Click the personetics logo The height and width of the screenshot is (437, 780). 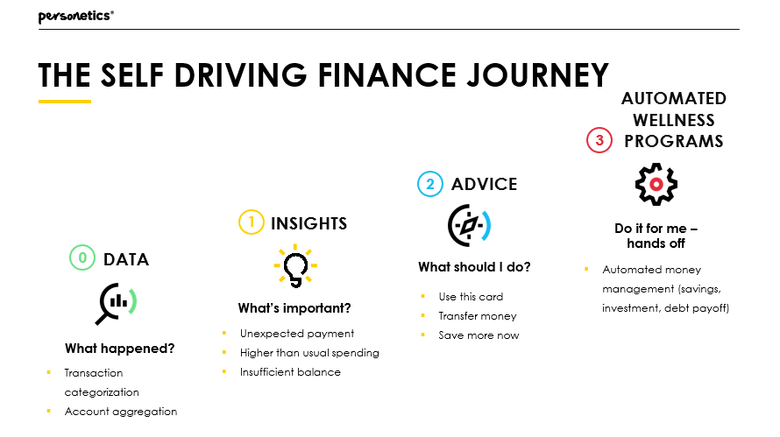(75, 17)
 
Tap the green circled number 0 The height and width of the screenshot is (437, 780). (82, 257)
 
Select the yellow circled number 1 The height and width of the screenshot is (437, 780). (252, 222)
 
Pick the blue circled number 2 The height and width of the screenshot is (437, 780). (430, 184)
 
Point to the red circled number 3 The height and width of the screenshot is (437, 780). (599, 140)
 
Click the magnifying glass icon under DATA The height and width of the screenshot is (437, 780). (117, 303)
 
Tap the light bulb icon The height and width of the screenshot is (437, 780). (295, 266)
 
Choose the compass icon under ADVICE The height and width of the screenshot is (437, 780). (469, 225)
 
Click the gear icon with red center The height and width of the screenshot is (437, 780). (656, 185)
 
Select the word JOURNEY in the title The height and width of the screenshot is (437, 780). (538, 75)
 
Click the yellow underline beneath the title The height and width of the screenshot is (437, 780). (65, 102)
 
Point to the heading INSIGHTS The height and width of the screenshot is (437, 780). (308, 223)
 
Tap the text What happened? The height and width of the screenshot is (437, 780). (120, 349)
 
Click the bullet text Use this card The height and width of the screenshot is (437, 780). (471, 297)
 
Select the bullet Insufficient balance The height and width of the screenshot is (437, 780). (290, 372)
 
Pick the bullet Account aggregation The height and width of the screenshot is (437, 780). (121, 412)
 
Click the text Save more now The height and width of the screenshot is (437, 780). (479, 335)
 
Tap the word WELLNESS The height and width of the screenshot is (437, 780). (674, 120)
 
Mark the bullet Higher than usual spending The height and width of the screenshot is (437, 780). (309, 353)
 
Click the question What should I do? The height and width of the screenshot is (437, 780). (474, 267)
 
